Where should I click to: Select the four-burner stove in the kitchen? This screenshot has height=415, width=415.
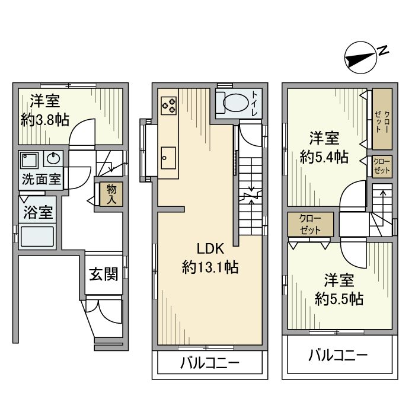[168, 104]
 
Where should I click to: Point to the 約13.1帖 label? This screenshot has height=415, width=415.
[210, 267]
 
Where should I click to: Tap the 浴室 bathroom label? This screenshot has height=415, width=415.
[38, 212]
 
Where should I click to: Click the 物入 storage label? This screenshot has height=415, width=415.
[111, 194]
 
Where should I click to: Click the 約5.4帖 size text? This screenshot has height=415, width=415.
[324, 157]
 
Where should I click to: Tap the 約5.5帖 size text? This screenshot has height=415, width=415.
[339, 298]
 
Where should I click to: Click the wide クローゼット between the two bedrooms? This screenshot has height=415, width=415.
[311, 225]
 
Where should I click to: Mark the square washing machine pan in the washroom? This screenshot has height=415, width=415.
[29, 159]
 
